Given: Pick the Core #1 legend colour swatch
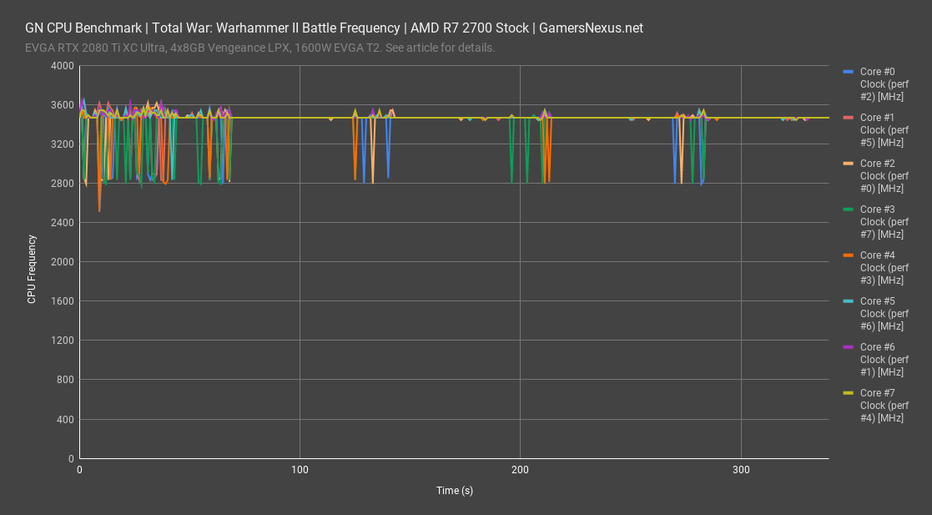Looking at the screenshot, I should pyautogui.click(x=849, y=118).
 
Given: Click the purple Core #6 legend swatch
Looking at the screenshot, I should pyautogui.click(x=849, y=347).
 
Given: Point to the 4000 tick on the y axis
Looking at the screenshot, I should pyautogui.click(x=62, y=66).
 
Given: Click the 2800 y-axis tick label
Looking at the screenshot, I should pyautogui.click(x=62, y=184).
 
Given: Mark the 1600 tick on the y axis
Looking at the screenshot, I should pyautogui.click(x=62, y=301).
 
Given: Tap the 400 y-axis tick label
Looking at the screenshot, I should pyautogui.click(x=65, y=419).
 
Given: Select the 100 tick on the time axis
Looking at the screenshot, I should pyautogui.click(x=300, y=470).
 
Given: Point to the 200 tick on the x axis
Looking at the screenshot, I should pyautogui.click(x=521, y=470).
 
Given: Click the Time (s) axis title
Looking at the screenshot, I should pyautogui.click(x=454, y=491).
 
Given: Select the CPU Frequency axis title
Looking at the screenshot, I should pyautogui.click(x=32, y=269).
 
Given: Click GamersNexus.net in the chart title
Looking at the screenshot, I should pyautogui.click(x=591, y=28).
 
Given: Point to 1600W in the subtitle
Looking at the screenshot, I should pyautogui.click(x=313, y=48).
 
